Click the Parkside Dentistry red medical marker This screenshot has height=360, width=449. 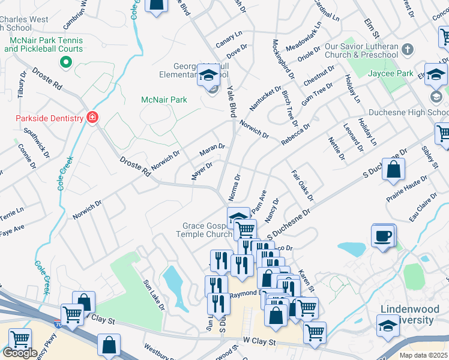[92, 118]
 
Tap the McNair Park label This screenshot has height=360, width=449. [164, 100]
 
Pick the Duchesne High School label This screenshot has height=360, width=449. [399, 112]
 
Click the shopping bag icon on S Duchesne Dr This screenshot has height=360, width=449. [393, 171]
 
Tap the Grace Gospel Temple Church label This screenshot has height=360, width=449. [207, 230]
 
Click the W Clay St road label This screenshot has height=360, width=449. [259, 342]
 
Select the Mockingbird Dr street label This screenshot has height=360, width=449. [284, 59]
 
